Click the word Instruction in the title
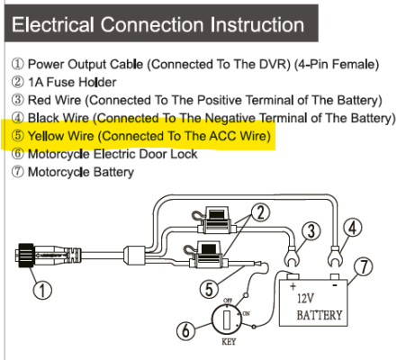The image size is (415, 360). [257, 24]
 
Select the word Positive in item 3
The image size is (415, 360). [220, 100]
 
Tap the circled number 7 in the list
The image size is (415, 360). [18, 172]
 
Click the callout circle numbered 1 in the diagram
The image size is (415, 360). [42, 290]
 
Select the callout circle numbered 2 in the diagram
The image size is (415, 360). [260, 212]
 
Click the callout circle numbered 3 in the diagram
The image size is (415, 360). [311, 231]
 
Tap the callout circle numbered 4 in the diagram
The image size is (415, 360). [353, 228]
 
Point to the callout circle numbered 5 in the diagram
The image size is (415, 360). [209, 289]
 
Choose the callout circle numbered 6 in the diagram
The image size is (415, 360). [186, 330]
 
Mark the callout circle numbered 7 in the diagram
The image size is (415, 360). [364, 266]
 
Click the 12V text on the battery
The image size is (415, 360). [306, 299]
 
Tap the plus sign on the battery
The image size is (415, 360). [293, 286]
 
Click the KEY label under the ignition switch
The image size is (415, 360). [229, 342]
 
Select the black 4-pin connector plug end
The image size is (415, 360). [25, 255]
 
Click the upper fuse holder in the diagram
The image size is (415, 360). [217, 221]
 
